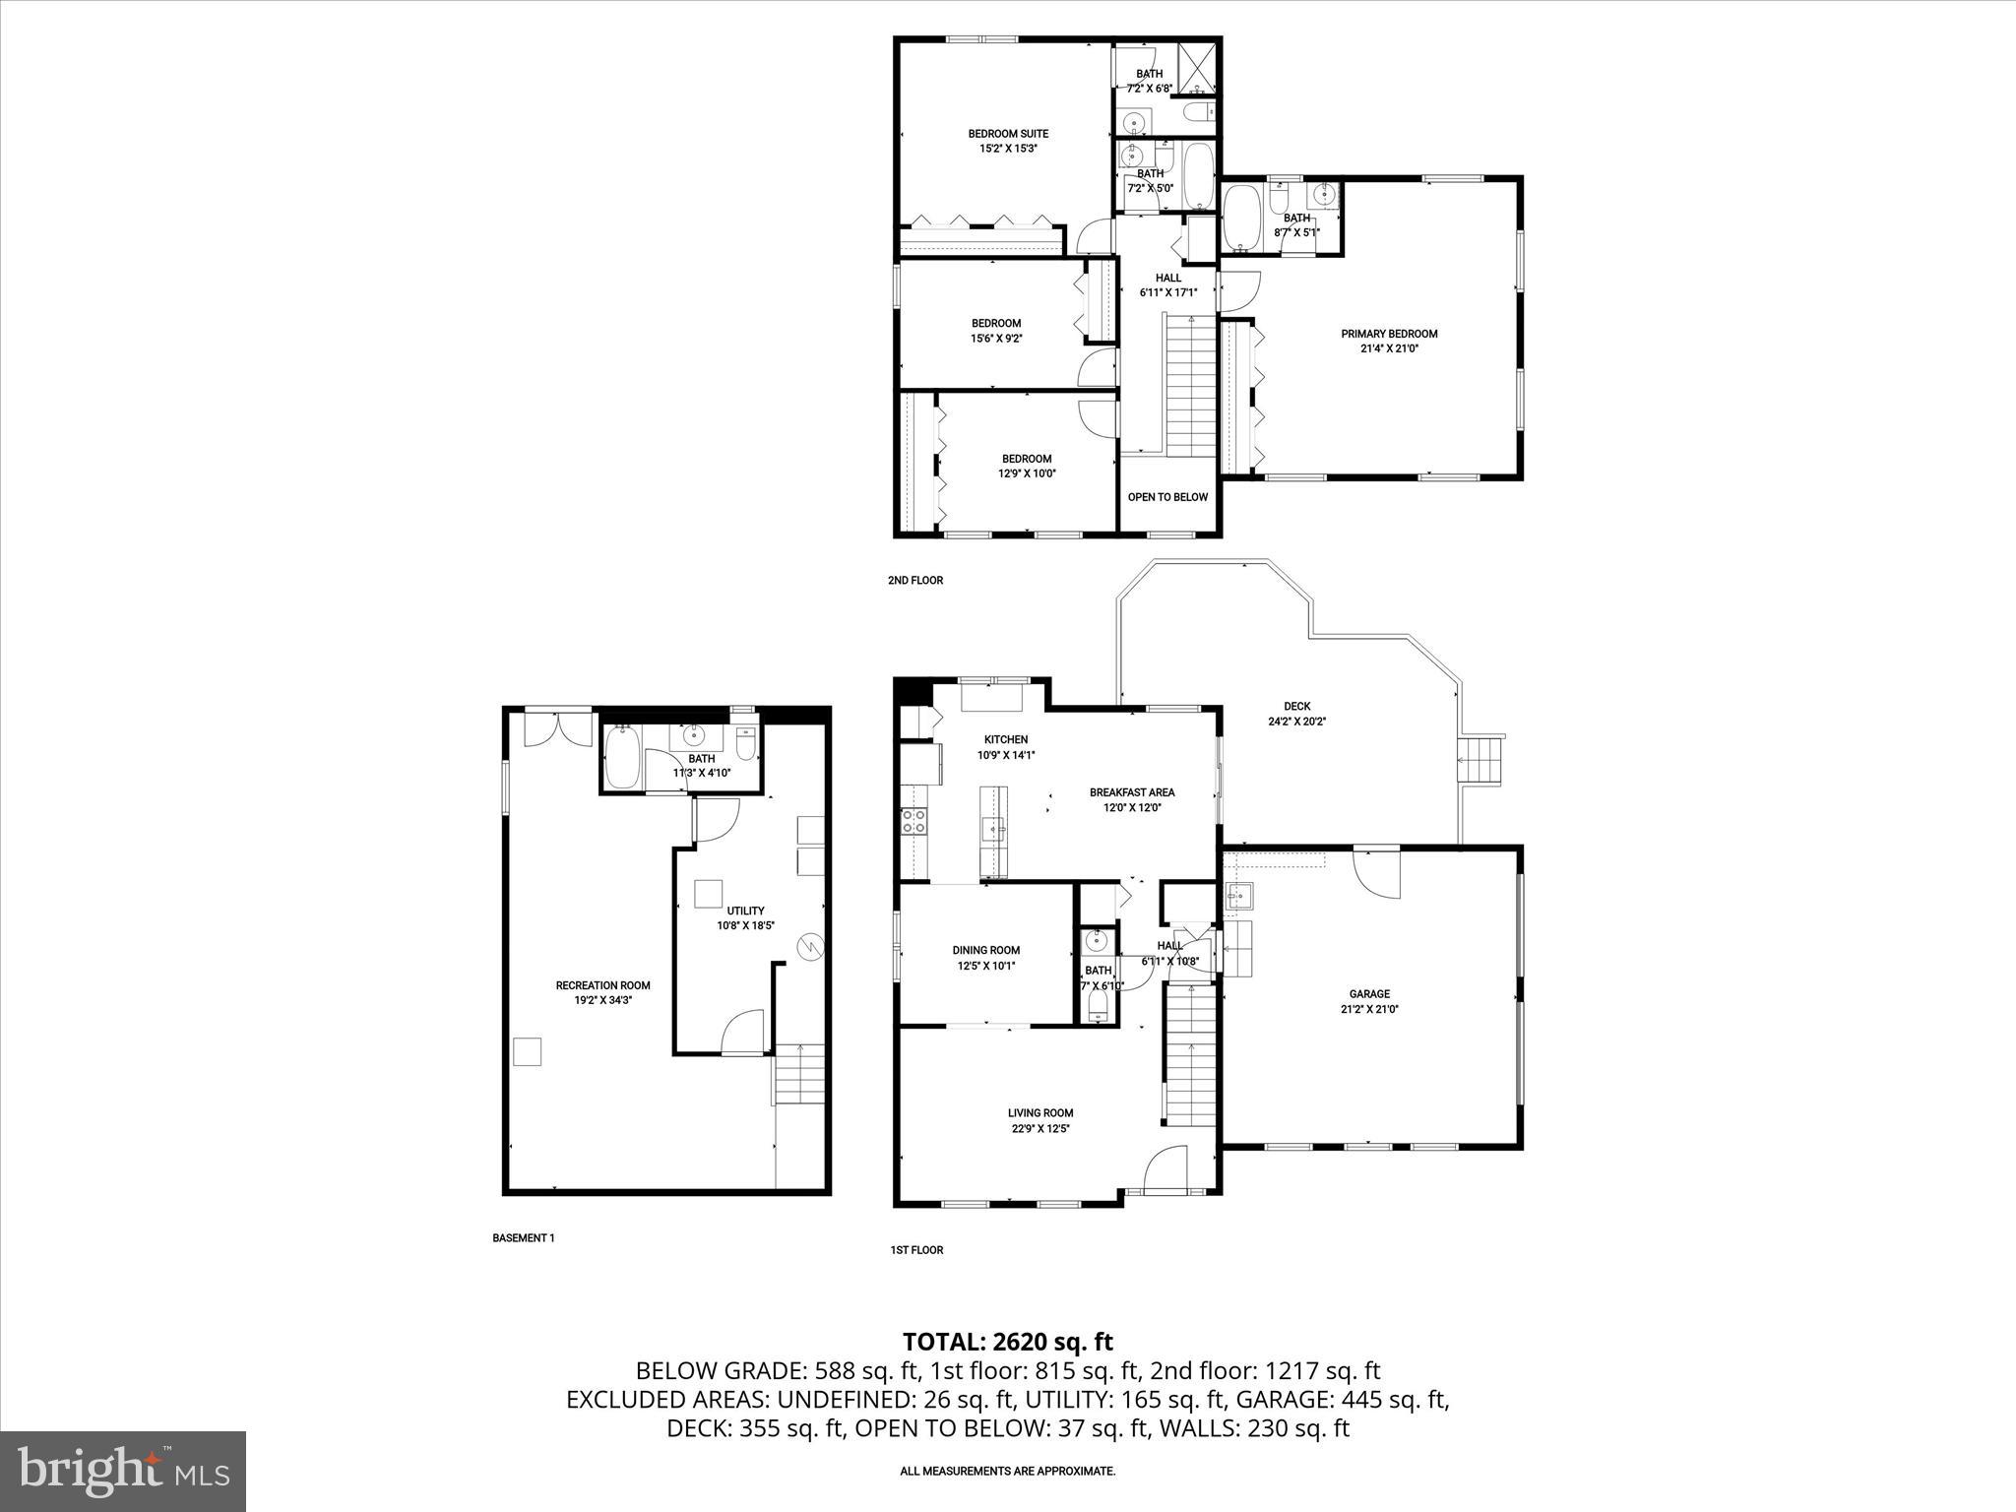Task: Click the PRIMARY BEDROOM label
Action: (x=1389, y=334)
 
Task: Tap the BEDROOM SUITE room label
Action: (x=1008, y=134)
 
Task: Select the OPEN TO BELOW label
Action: (x=1167, y=497)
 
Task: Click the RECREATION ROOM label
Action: (x=602, y=985)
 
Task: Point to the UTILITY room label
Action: (x=745, y=911)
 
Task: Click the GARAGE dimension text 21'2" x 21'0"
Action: (x=1369, y=1009)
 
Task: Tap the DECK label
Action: (x=1296, y=706)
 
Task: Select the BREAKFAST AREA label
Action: (x=1132, y=792)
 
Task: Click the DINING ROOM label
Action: (x=985, y=950)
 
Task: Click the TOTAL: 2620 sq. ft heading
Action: (x=1007, y=1342)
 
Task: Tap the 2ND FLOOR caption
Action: (x=915, y=581)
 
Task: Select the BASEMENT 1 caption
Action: (x=524, y=1238)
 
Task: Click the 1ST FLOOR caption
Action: (x=916, y=1250)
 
